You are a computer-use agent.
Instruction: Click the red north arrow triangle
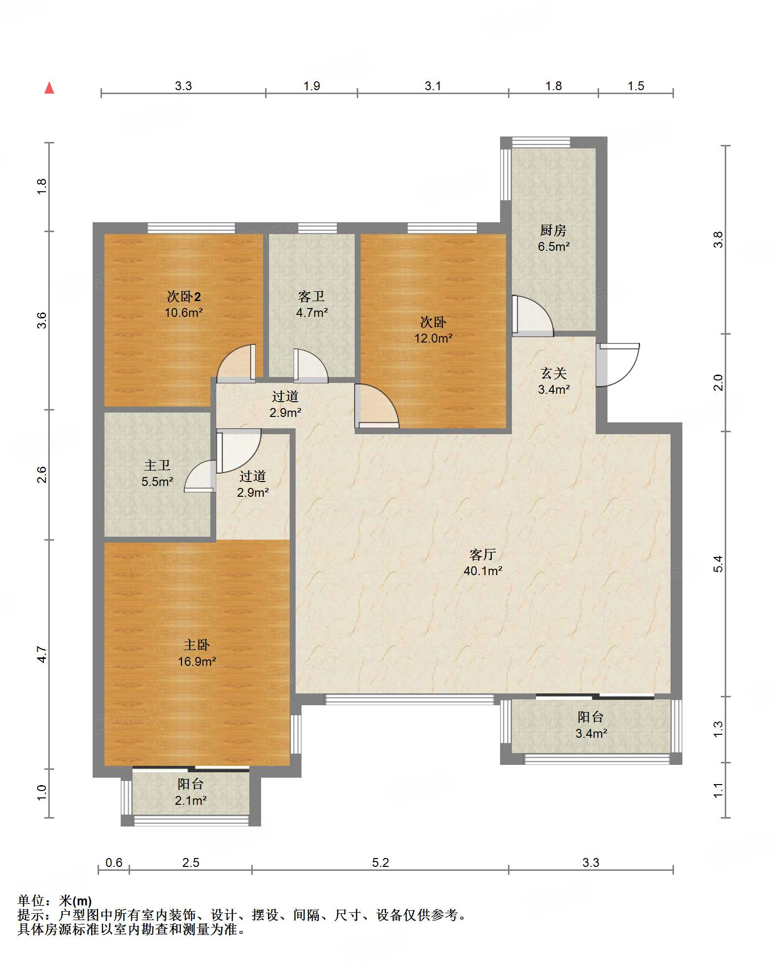(x=49, y=88)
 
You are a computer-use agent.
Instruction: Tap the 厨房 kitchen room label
(x=553, y=230)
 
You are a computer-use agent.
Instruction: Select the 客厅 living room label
(x=482, y=555)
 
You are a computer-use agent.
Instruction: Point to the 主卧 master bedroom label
(x=197, y=645)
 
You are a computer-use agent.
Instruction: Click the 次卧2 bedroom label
(x=184, y=297)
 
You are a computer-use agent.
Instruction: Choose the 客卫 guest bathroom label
(x=311, y=297)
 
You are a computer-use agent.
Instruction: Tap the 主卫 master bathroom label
(x=157, y=466)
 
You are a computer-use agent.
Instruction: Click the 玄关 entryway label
(x=554, y=374)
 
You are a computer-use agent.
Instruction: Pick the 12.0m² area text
(x=433, y=339)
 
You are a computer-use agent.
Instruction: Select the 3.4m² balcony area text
(x=591, y=733)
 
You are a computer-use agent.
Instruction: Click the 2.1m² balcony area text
(x=191, y=800)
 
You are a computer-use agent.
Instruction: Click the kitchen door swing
(x=533, y=316)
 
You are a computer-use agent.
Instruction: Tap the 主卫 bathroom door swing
(x=200, y=476)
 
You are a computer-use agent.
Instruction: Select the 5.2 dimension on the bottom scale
(x=380, y=862)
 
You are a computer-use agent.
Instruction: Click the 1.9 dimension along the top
(x=311, y=86)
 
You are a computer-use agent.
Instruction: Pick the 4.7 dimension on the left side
(x=42, y=654)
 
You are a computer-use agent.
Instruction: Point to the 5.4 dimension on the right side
(x=718, y=564)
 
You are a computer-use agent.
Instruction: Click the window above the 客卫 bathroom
(x=318, y=228)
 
